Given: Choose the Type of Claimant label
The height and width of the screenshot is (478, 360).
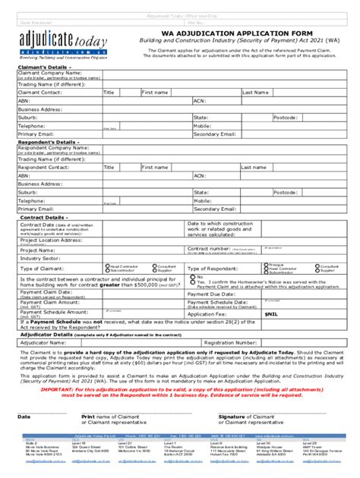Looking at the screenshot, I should (42, 269).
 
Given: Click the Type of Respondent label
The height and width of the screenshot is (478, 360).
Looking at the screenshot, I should (213, 269).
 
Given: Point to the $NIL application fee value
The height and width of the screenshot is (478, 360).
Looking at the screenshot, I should (271, 313).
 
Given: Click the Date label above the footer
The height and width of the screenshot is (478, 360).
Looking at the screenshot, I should (24, 417).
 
